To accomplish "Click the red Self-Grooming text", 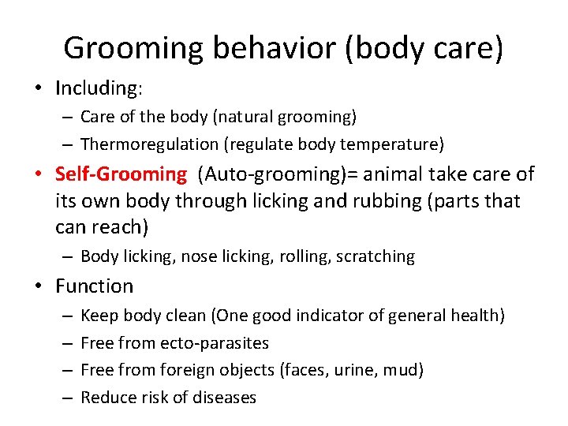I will (121, 174).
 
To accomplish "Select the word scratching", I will (376, 256).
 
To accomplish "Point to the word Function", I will (95, 286).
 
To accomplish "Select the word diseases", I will (222, 397).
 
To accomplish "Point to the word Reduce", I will (107, 397).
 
